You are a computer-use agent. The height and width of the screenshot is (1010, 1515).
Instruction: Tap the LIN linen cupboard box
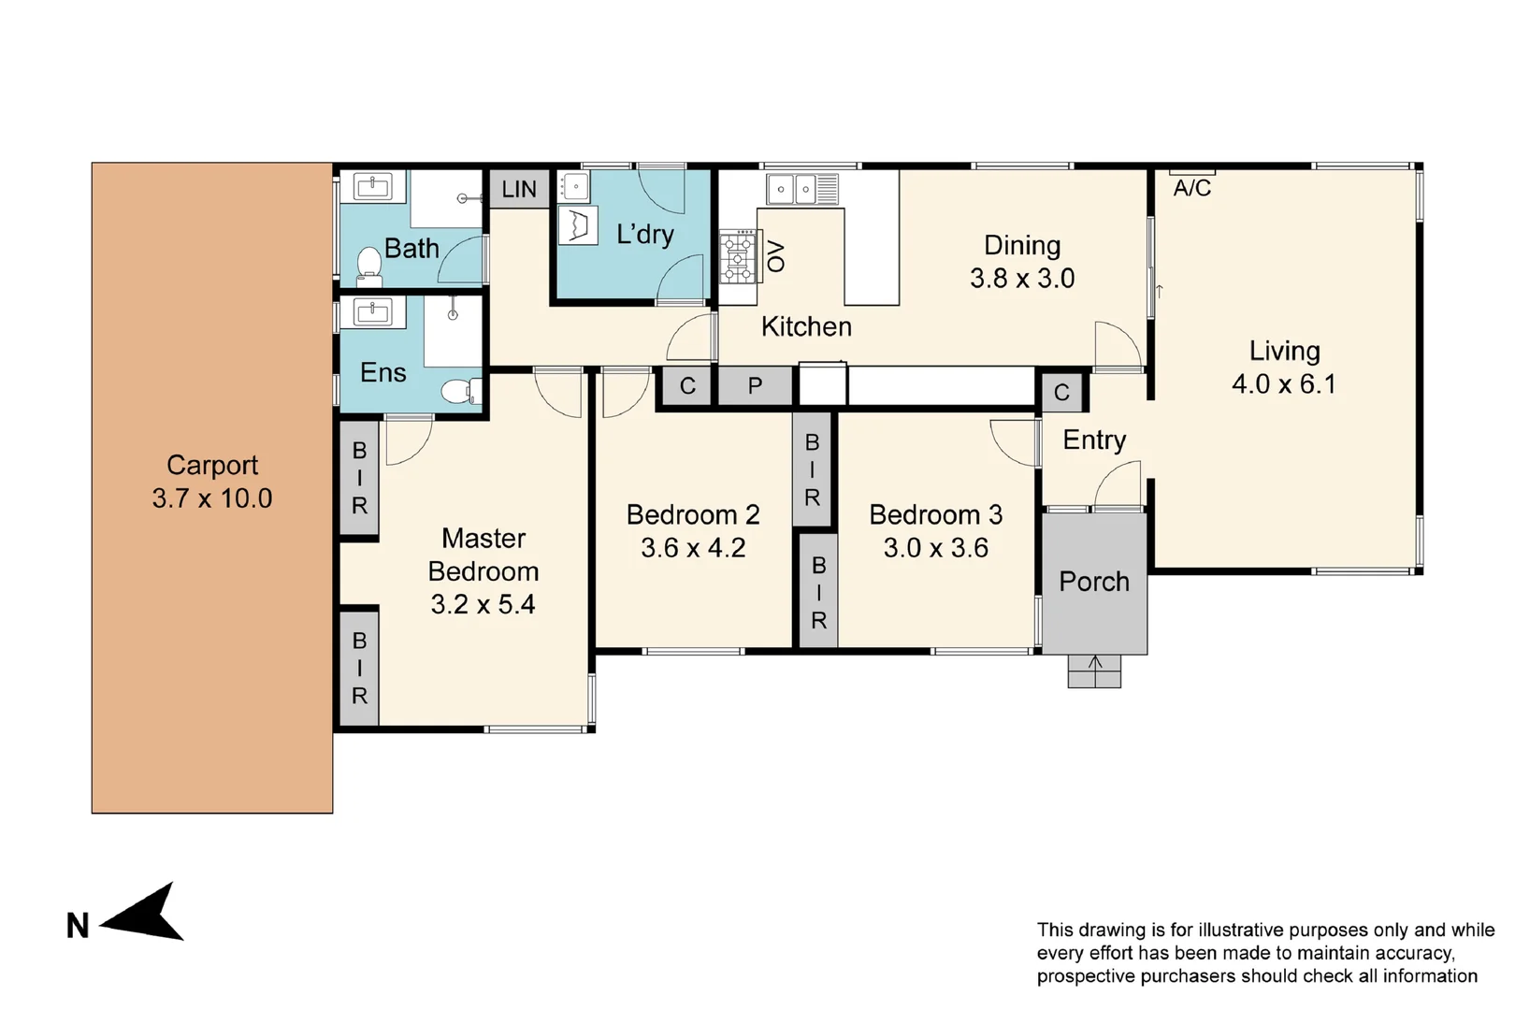tap(519, 189)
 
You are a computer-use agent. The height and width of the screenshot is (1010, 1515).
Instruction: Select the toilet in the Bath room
tap(369, 266)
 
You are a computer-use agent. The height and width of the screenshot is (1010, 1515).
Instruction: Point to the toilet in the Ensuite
tap(461, 391)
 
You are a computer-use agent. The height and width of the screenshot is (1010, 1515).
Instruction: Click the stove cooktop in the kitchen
tap(739, 256)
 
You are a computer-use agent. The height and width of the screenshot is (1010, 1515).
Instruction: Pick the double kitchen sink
tap(802, 189)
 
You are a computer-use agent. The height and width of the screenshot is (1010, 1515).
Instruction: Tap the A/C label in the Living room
tap(1191, 188)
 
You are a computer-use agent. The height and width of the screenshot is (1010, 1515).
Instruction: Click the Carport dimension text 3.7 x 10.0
tap(211, 498)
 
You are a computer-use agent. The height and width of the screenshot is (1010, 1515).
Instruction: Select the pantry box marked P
tap(755, 385)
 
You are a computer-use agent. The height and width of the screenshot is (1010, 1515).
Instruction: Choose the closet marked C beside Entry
tap(1061, 392)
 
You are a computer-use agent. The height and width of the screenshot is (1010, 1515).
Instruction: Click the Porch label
tap(1093, 582)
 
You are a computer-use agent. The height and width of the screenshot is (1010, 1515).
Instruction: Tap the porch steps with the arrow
tap(1094, 671)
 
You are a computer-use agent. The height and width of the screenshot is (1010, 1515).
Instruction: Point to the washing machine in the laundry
tap(578, 225)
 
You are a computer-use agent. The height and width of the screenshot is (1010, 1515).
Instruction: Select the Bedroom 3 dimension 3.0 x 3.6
tap(935, 548)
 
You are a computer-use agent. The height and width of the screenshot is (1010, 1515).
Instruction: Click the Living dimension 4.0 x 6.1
tap(1284, 384)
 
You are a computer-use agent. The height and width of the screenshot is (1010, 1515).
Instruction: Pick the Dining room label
tap(1022, 246)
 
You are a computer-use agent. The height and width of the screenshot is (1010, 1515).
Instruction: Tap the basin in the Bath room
tap(373, 186)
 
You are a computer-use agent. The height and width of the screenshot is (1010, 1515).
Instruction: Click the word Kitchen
tap(806, 326)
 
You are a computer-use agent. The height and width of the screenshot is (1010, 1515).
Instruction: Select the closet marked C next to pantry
tap(687, 385)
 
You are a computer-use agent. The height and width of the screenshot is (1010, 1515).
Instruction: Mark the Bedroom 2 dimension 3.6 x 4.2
tap(693, 548)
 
